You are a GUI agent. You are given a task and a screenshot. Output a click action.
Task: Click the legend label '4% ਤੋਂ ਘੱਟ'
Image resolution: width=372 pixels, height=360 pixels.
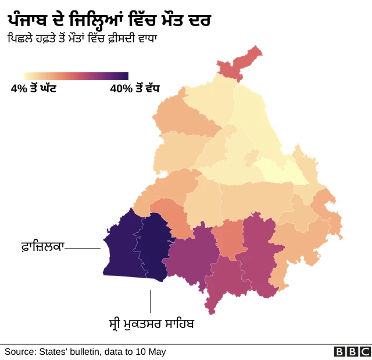33,89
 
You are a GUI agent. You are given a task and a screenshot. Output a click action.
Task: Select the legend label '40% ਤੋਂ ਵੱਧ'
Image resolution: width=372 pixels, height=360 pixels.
134,89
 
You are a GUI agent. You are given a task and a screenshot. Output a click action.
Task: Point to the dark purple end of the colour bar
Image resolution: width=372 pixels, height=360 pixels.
123,76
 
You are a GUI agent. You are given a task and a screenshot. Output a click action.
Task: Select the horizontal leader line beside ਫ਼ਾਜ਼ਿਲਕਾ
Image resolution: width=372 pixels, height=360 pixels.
83,248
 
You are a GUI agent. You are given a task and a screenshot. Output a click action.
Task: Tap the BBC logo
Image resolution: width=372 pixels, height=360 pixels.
352,351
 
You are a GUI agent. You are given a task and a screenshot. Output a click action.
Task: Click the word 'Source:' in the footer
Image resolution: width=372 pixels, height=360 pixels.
20,351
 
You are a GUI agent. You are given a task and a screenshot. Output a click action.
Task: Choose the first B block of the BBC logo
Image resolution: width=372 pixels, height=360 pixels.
339,351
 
